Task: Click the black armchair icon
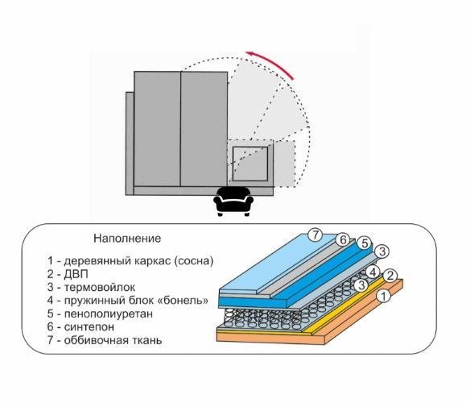pos(233,201)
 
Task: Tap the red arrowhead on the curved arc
pos(249,54)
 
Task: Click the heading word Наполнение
pos(127,238)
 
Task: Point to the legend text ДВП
pos(76,274)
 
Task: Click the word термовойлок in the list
pos(100,287)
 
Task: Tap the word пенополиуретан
pos(109,314)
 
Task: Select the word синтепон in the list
pos(89,326)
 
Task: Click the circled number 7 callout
pos(315,235)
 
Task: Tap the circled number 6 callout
pos(343,239)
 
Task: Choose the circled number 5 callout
pos(365,243)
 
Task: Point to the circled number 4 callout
pos(373,272)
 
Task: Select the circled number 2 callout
pos(390,276)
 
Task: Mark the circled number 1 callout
pos(383,296)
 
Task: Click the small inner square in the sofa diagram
pos(250,164)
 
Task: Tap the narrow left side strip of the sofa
pos(130,143)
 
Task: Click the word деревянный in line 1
pos(97,261)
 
